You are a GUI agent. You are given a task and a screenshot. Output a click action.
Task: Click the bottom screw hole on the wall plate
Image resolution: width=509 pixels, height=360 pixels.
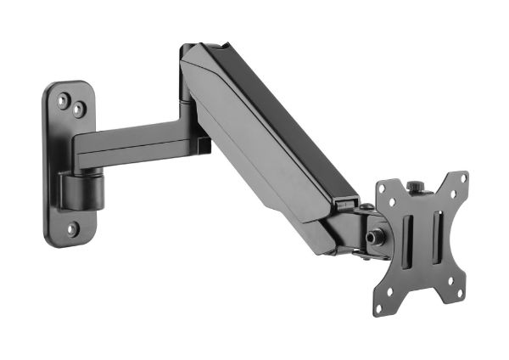coord(73,228)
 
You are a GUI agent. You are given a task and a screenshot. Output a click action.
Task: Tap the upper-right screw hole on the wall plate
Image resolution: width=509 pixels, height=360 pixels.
coord(78,110)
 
